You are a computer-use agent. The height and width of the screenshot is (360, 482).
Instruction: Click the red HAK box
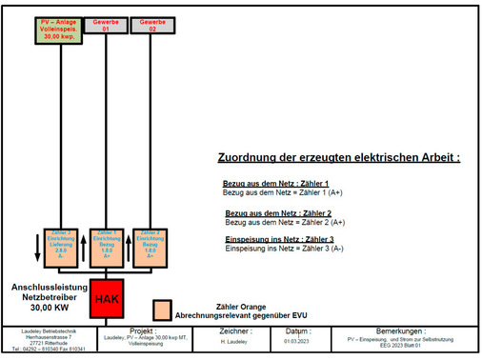(x=105, y=299)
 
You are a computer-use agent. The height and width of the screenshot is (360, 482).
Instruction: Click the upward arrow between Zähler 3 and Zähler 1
(x=84, y=244)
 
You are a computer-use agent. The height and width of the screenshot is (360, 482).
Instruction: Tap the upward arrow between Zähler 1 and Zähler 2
(x=128, y=244)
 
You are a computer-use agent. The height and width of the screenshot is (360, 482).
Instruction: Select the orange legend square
(x=163, y=310)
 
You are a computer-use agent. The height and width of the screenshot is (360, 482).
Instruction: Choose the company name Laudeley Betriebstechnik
(x=44, y=330)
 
